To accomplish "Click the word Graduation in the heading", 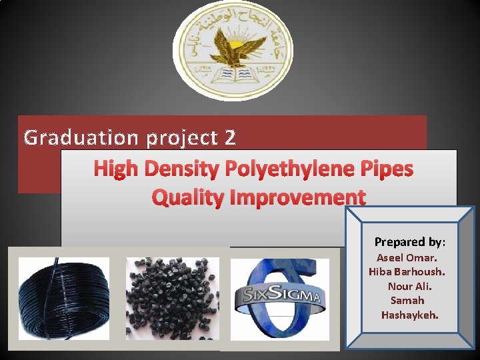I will click(x=73, y=138).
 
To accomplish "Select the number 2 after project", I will click(x=229, y=138).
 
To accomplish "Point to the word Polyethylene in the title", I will click(x=285, y=169).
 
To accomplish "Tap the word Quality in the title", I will click(x=188, y=197).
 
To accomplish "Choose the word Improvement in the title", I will click(x=297, y=197).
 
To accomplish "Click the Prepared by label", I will click(x=410, y=242).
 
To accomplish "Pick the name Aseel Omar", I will click(x=407, y=257).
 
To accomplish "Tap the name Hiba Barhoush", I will click(x=407, y=272).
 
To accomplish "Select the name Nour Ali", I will click(x=409, y=286).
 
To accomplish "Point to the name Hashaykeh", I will click(x=410, y=315).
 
